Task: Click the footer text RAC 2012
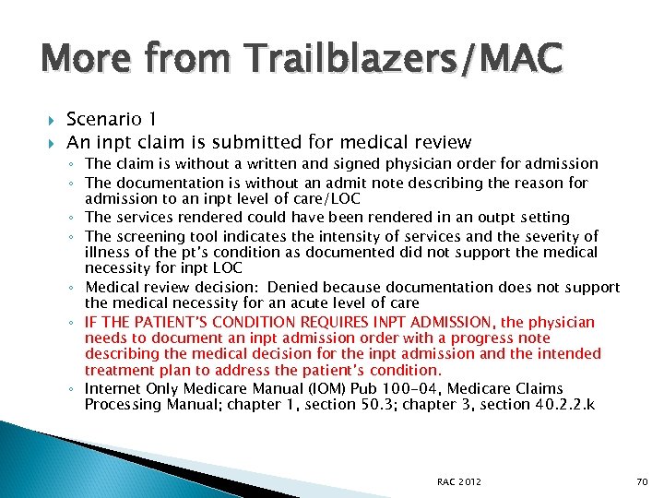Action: click(457, 481)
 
